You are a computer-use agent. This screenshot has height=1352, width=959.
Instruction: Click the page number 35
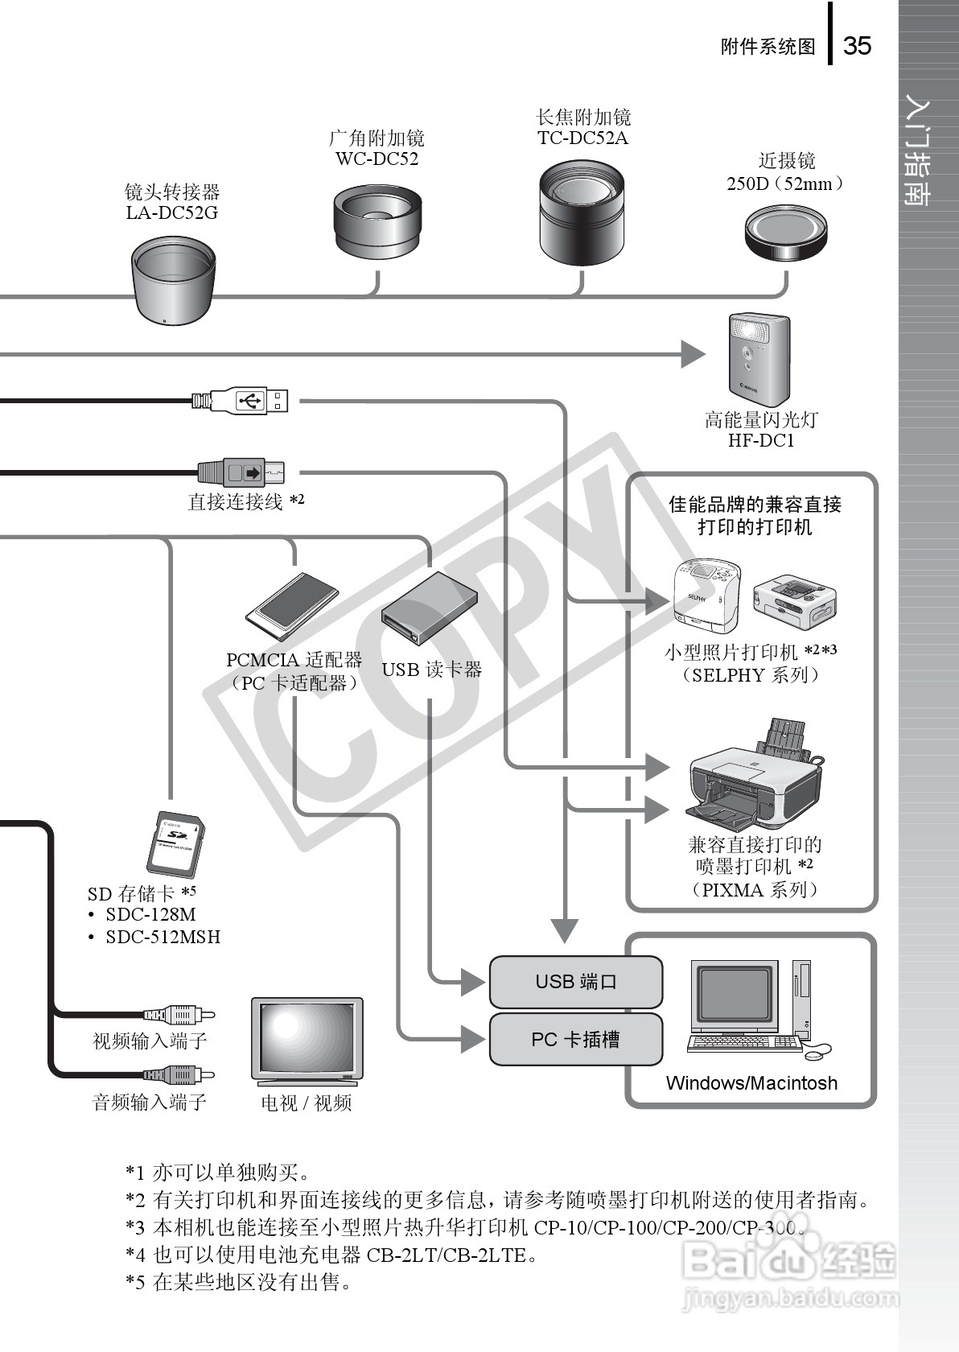coord(857,46)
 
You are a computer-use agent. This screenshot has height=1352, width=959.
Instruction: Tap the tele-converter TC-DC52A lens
coord(581,212)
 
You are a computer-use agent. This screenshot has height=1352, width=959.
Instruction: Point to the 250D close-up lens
coord(786,233)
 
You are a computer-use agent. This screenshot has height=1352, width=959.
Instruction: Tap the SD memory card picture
coord(178,844)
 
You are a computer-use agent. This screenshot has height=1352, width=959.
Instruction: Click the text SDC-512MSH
coord(163,937)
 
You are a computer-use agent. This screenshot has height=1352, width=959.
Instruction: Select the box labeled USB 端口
coord(576,982)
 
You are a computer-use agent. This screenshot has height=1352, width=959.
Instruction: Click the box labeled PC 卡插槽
coord(576,1040)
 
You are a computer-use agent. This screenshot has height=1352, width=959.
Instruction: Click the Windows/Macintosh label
coord(751,1083)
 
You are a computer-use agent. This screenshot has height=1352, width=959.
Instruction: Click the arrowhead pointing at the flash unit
coord(692,353)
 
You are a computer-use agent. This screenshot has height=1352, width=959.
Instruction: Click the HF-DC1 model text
coord(761,441)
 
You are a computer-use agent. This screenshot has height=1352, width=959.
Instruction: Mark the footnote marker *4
coord(135,1255)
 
